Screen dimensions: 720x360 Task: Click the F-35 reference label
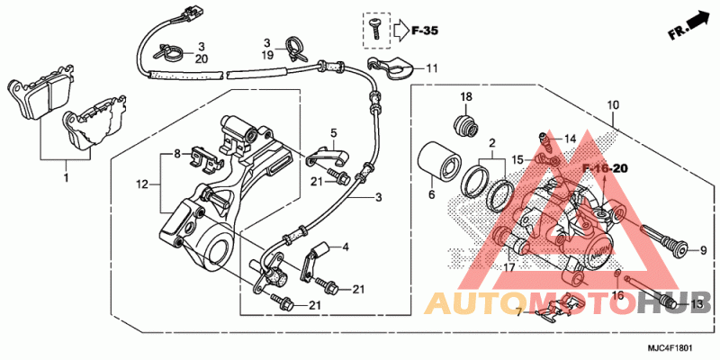click(x=425, y=31)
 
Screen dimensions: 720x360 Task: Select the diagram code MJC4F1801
click(x=670, y=348)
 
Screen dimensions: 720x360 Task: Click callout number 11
click(x=431, y=69)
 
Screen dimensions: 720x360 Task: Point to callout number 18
click(x=466, y=97)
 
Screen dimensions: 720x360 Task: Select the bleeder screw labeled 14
click(x=544, y=139)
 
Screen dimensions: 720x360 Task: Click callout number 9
click(x=703, y=251)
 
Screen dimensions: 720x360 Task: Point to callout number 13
click(x=697, y=304)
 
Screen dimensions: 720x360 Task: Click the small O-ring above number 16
click(x=617, y=274)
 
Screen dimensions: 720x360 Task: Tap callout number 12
click(x=142, y=185)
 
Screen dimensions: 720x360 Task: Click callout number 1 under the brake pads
click(x=66, y=177)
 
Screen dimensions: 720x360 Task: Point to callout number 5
click(x=333, y=133)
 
